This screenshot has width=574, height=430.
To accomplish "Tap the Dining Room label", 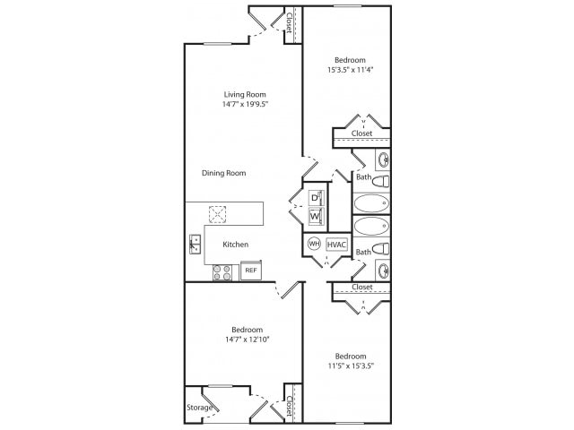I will coord(223,173).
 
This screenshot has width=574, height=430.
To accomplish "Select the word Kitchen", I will coord(236,244).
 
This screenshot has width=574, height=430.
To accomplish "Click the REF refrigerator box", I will coord(250,270).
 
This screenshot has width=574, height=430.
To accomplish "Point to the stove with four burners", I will coord(222,271).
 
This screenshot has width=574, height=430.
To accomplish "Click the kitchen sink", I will coord(195,242).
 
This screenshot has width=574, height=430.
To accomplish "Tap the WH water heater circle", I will coord(314,243).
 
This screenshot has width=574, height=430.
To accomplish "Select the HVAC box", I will coord(336,243).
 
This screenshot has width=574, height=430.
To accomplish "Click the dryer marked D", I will coord(315,197).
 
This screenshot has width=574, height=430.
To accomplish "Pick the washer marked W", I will coord(315,216).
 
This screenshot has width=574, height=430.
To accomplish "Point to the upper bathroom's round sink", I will coord(382,161).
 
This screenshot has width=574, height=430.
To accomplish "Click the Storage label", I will coord(199,408).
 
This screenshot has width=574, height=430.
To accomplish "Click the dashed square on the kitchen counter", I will coord(217,214).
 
